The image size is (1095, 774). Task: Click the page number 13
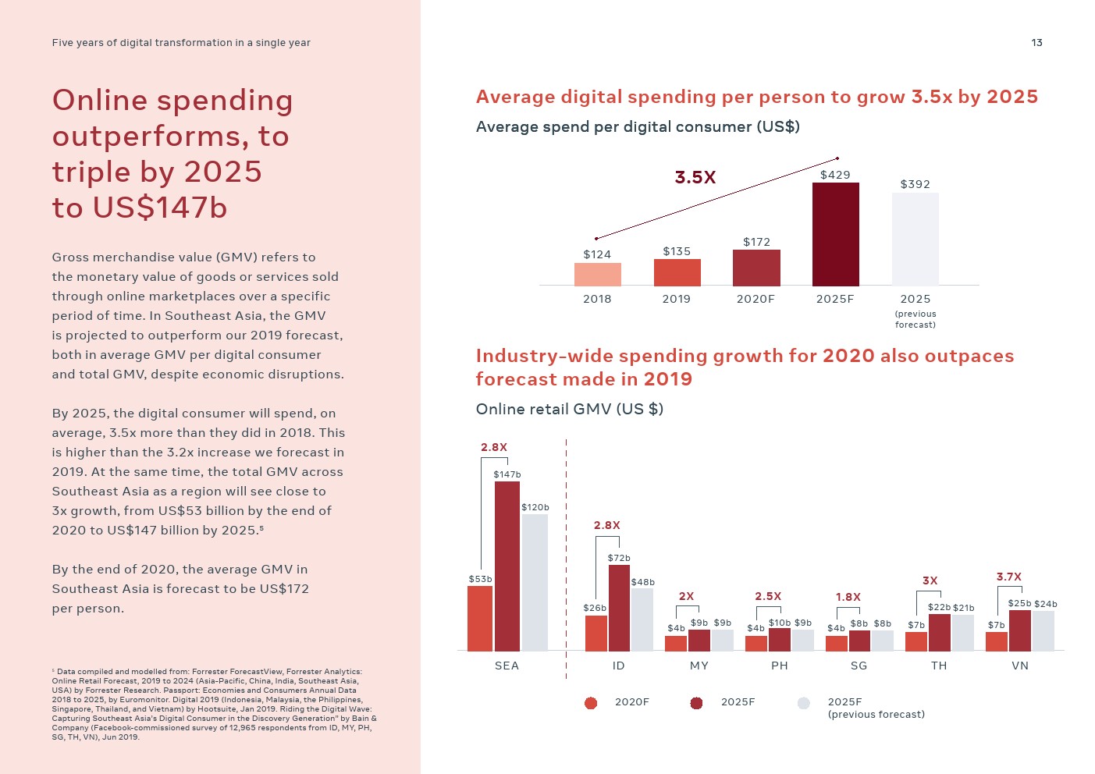pos(1036,43)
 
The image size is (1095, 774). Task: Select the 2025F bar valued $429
pos(835,234)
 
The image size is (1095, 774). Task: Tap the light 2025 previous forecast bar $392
pos(915,239)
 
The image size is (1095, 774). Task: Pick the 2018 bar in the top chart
pos(597,275)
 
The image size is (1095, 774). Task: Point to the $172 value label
pos(756,242)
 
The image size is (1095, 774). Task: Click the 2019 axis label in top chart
pos(676,299)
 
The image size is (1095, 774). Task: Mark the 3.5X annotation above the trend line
pos(695,178)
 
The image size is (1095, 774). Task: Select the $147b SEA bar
pos(507,566)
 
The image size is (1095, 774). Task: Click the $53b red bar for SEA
pos(480,618)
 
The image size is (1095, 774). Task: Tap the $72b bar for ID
pos(619,608)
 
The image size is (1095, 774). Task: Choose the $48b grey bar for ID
pos(642,620)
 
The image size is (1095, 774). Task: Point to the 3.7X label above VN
pos(1008,577)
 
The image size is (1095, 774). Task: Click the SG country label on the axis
pos(859,666)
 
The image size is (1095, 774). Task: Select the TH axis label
pos(939,666)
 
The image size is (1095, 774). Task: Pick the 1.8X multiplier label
pos(848,597)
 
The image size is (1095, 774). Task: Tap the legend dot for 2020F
pos(591,703)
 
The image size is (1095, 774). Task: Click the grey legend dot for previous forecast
pos(804,703)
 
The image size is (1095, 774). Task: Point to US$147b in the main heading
pos(159,208)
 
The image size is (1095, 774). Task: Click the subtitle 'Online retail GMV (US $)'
pos(570,409)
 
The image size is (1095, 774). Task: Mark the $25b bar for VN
pos(1019,630)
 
